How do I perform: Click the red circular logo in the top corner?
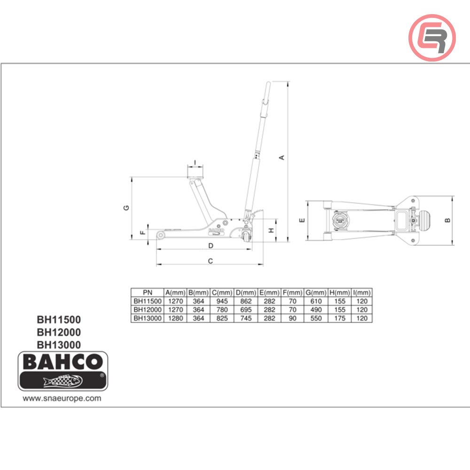pyautogui.click(x=432, y=37)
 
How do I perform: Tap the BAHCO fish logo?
pyautogui.click(x=63, y=371)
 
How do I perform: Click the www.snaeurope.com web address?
pyautogui.click(x=62, y=398)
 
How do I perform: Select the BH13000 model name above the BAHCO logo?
pyautogui.click(x=59, y=345)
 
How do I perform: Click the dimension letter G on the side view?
pyautogui.click(x=126, y=208)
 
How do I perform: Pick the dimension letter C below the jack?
pyautogui.click(x=211, y=260)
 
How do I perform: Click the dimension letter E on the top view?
pyautogui.click(x=302, y=219)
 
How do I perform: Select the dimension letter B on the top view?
pyautogui.click(x=448, y=219)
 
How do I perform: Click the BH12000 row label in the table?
pyautogui.click(x=147, y=310)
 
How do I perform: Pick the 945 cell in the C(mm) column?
pyautogui.click(x=222, y=301)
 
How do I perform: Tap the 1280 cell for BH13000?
pyautogui.click(x=175, y=318)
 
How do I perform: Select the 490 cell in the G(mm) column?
pyautogui.click(x=316, y=310)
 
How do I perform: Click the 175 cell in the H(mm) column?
pyautogui.click(x=340, y=318)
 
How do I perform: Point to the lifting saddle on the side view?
pyautogui.click(x=196, y=172)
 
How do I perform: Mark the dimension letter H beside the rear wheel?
pyautogui.click(x=271, y=230)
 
